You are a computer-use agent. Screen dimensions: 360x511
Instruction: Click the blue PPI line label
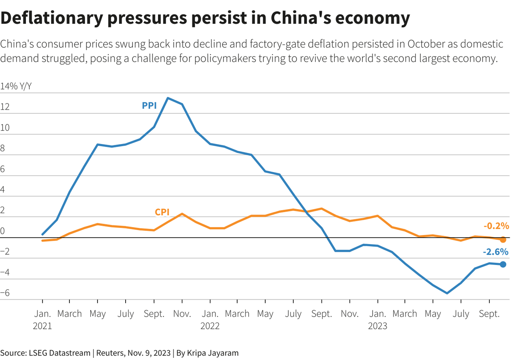(149, 105)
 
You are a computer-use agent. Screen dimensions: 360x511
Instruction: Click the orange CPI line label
(162, 212)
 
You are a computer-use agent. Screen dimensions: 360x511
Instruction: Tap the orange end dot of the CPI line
(503, 240)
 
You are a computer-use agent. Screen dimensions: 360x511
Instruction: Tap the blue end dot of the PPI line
(503, 264)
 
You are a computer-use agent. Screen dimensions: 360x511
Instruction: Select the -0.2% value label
(496, 226)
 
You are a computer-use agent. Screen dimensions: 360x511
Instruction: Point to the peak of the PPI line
(168, 98)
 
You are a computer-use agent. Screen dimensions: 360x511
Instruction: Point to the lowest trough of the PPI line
(447, 293)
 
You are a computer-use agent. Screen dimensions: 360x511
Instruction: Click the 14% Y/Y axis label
(16, 86)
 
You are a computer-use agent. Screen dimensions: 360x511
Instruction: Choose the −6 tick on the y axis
(5, 293)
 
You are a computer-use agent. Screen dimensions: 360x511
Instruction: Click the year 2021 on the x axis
(42, 326)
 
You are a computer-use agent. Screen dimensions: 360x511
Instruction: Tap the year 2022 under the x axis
(210, 326)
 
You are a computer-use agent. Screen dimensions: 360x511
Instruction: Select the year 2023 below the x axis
(377, 326)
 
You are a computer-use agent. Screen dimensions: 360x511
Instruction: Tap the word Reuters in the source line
(110, 353)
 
